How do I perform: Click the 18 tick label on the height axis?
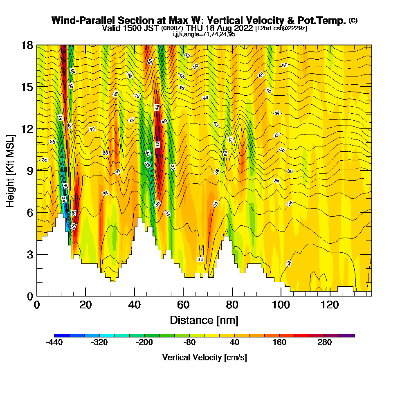click(x=27, y=45)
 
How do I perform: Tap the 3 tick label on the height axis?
click(x=29, y=254)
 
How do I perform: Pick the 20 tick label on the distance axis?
click(x=85, y=305)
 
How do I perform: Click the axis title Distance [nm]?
click(x=204, y=320)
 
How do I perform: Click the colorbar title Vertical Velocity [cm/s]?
click(x=204, y=357)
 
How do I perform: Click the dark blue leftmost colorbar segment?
click(x=62, y=335)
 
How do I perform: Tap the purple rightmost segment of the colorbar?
click(x=347, y=335)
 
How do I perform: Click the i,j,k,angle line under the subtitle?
click(x=204, y=34)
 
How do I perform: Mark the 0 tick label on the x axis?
click(x=37, y=305)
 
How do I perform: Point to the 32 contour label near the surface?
click(x=289, y=263)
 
